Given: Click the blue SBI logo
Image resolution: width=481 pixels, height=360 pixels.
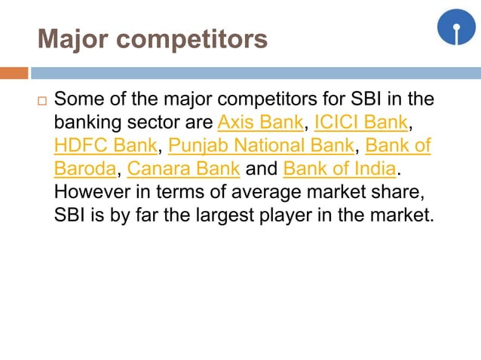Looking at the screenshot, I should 456,27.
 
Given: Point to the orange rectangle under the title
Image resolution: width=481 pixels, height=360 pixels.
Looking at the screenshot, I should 14,73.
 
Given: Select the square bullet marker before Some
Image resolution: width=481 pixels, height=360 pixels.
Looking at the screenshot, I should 41,101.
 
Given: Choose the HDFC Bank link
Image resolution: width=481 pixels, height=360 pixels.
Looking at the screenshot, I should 105,144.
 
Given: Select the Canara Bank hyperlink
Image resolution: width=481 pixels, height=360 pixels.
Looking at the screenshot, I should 184,167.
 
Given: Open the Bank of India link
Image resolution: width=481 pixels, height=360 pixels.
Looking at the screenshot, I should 339,167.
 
